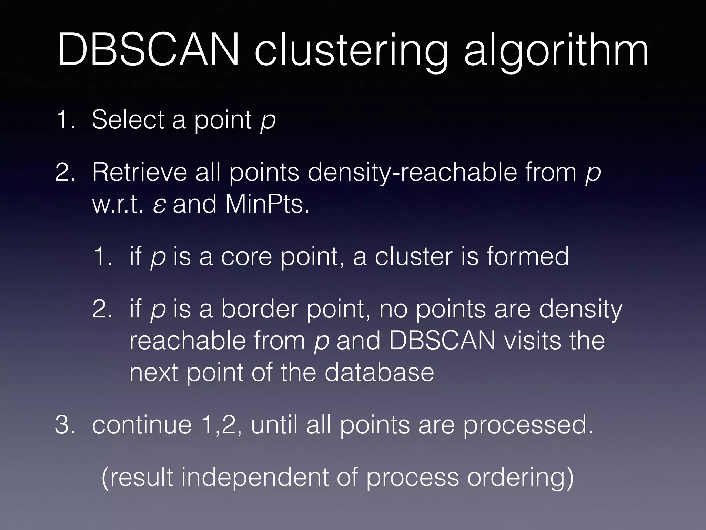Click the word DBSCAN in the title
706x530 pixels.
point(148,50)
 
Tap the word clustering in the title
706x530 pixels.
point(352,52)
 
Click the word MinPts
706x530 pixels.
point(267,204)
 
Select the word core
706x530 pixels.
point(246,257)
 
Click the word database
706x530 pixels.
point(379,372)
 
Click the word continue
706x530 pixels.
point(142,425)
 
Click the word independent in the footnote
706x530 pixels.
point(255,478)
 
